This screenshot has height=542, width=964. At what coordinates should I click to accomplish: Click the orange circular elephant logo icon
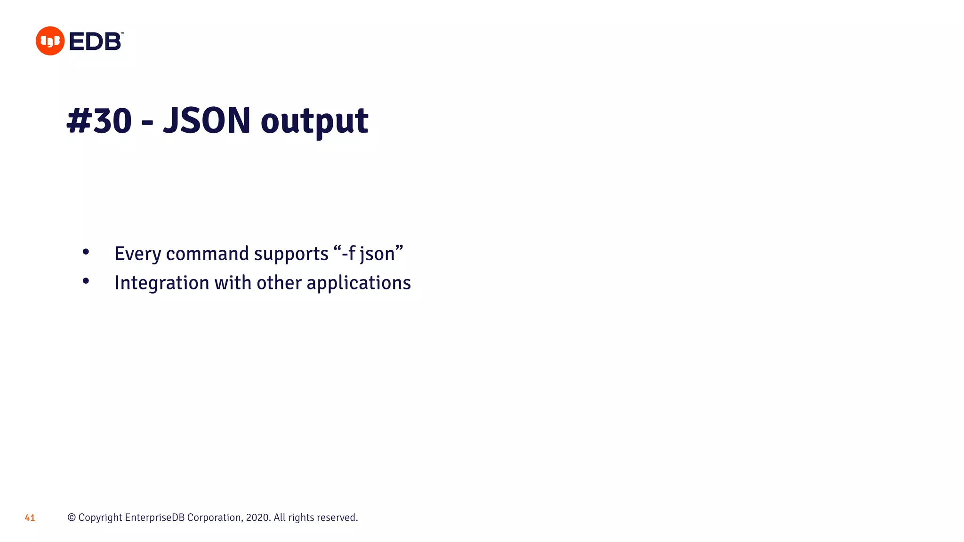pyautogui.click(x=50, y=41)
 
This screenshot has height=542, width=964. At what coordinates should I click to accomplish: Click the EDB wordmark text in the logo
pyautogui.click(x=96, y=41)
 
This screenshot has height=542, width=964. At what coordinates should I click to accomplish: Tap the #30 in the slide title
pyautogui.click(x=99, y=121)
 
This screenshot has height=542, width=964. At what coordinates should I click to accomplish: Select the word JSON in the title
pyautogui.click(x=207, y=121)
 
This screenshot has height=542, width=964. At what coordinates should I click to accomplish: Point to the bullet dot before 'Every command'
pyautogui.click(x=86, y=252)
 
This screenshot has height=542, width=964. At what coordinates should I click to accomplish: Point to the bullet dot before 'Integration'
pyautogui.click(x=86, y=281)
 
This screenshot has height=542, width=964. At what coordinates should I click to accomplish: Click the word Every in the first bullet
pyautogui.click(x=138, y=254)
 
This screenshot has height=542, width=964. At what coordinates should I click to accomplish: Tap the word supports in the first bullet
pyautogui.click(x=291, y=254)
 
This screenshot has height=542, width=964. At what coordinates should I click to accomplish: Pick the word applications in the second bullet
pyautogui.click(x=359, y=283)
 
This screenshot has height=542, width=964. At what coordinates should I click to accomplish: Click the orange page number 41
pyautogui.click(x=30, y=518)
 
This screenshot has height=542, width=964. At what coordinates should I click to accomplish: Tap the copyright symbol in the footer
pyautogui.click(x=72, y=518)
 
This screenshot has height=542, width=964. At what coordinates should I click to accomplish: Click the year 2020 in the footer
pyautogui.click(x=257, y=518)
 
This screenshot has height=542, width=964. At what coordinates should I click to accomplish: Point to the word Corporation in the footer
pyautogui.click(x=215, y=518)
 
